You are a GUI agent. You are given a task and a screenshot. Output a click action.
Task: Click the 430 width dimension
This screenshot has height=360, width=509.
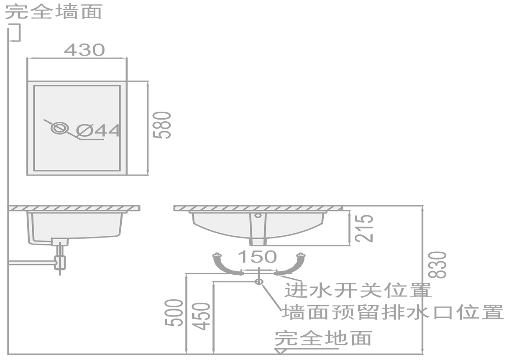[x=84, y=50]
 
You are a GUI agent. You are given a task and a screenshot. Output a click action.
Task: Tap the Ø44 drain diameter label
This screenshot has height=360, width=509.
[x=99, y=131]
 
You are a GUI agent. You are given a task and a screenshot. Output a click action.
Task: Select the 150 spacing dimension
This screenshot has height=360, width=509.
[x=257, y=256]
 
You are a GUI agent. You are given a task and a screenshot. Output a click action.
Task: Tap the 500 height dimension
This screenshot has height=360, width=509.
[x=174, y=313]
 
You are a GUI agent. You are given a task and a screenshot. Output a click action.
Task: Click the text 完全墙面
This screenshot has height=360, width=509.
[x=54, y=11]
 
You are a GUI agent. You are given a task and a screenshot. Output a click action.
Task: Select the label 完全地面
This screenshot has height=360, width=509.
[x=323, y=338]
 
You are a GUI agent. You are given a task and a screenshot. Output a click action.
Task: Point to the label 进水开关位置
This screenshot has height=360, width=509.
[x=358, y=290]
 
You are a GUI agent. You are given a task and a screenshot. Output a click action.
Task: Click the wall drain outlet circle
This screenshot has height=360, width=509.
[x=258, y=282]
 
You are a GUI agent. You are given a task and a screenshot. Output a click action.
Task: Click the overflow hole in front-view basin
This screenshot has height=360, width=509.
[x=258, y=216]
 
